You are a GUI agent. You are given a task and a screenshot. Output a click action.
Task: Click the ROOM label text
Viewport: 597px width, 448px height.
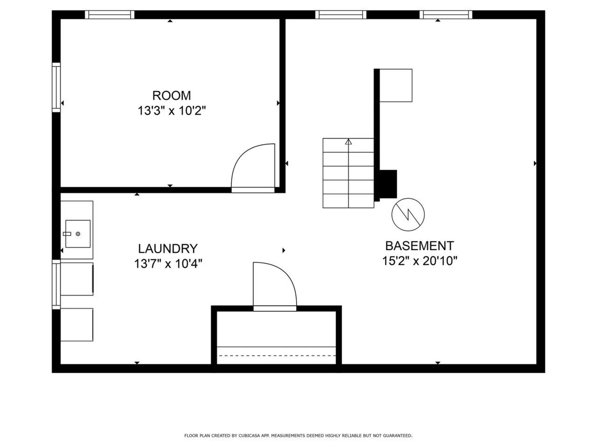(171, 96)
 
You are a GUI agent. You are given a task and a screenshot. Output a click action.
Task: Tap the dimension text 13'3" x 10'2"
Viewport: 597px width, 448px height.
(172, 111)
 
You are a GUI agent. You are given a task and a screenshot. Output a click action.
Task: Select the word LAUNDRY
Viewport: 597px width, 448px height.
(168, 249)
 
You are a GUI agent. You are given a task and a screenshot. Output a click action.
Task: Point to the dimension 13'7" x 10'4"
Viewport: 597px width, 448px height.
(168, 264)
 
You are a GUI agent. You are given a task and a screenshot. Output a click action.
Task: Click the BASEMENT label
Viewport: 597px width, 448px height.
(419, 246)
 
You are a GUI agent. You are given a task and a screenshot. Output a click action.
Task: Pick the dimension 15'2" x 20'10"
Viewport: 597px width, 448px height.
(419, 261)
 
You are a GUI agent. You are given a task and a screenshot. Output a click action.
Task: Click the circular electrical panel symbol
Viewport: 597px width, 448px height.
(408, 215)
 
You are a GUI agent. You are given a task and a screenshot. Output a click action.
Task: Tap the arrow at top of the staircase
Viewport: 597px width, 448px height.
(348, 142)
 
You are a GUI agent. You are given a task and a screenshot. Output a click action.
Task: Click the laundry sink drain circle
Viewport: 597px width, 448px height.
(78, 234)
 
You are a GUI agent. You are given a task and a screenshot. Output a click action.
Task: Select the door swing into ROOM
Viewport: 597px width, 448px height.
(253, 166)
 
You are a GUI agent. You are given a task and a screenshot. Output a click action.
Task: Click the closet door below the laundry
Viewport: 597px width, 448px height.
(274, 285)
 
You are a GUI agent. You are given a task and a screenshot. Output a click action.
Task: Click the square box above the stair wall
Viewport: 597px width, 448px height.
(396, 86)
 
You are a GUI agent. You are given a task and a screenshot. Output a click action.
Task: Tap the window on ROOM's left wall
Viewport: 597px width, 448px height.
(56, 87)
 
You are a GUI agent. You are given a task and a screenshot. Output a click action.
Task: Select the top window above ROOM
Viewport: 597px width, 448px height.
(109, 15)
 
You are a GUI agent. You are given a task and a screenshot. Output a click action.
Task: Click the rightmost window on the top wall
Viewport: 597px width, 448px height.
(446, 15)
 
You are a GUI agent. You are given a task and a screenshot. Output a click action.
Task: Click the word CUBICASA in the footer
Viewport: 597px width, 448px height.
(249, 436)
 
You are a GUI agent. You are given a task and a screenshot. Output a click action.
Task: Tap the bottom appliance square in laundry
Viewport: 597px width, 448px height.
(76, 324)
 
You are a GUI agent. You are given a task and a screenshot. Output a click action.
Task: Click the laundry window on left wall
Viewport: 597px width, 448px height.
(56, 284)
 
